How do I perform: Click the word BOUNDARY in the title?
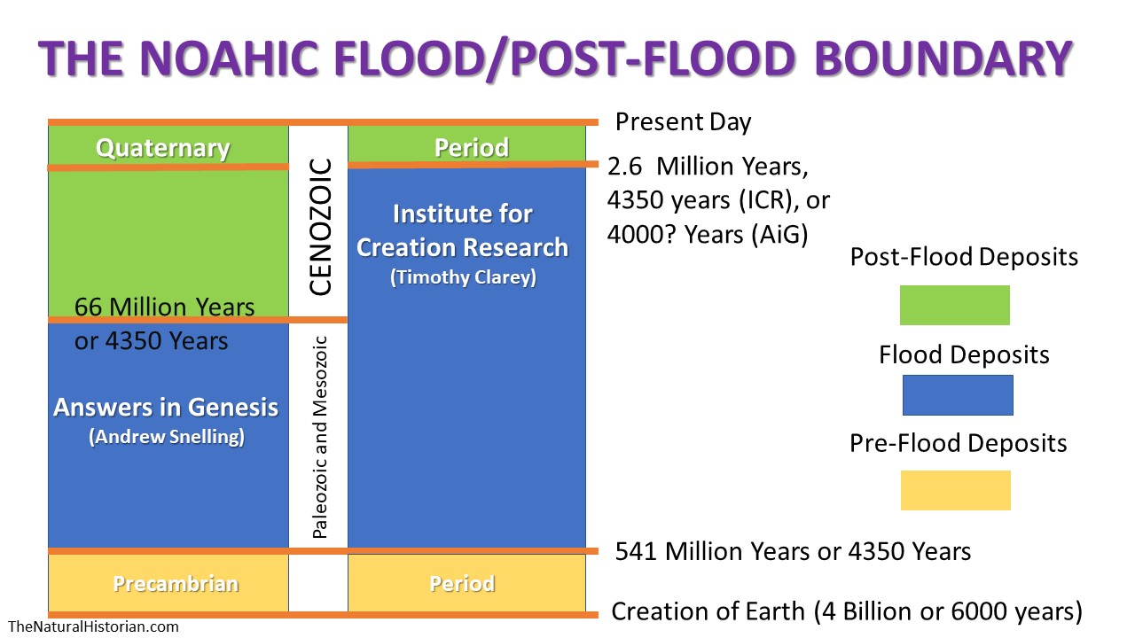click(943, 58)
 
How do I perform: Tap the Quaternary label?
click(162, 148)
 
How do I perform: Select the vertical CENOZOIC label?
click(320, 227)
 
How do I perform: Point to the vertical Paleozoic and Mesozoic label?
click(320, 437)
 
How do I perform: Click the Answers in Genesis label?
click(166, 407)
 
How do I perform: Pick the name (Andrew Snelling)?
click(167, 437)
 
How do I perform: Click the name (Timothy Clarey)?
click(463, 277)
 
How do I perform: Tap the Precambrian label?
click(176, 583)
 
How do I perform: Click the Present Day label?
click(683, 122)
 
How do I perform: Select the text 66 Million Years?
click(164, 307)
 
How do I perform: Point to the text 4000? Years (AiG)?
click(708, 235)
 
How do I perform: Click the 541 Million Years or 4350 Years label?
click(793, 551)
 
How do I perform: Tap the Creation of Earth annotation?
click(847, 611)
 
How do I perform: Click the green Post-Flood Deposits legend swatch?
click(955, 306)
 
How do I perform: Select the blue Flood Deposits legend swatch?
click(958, 395)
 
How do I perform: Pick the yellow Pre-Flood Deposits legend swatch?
click(956, 490)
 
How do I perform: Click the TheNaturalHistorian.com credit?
click(93, 626)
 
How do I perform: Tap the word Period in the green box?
click(471, 147)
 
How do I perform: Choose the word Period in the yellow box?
click(462, 583)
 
